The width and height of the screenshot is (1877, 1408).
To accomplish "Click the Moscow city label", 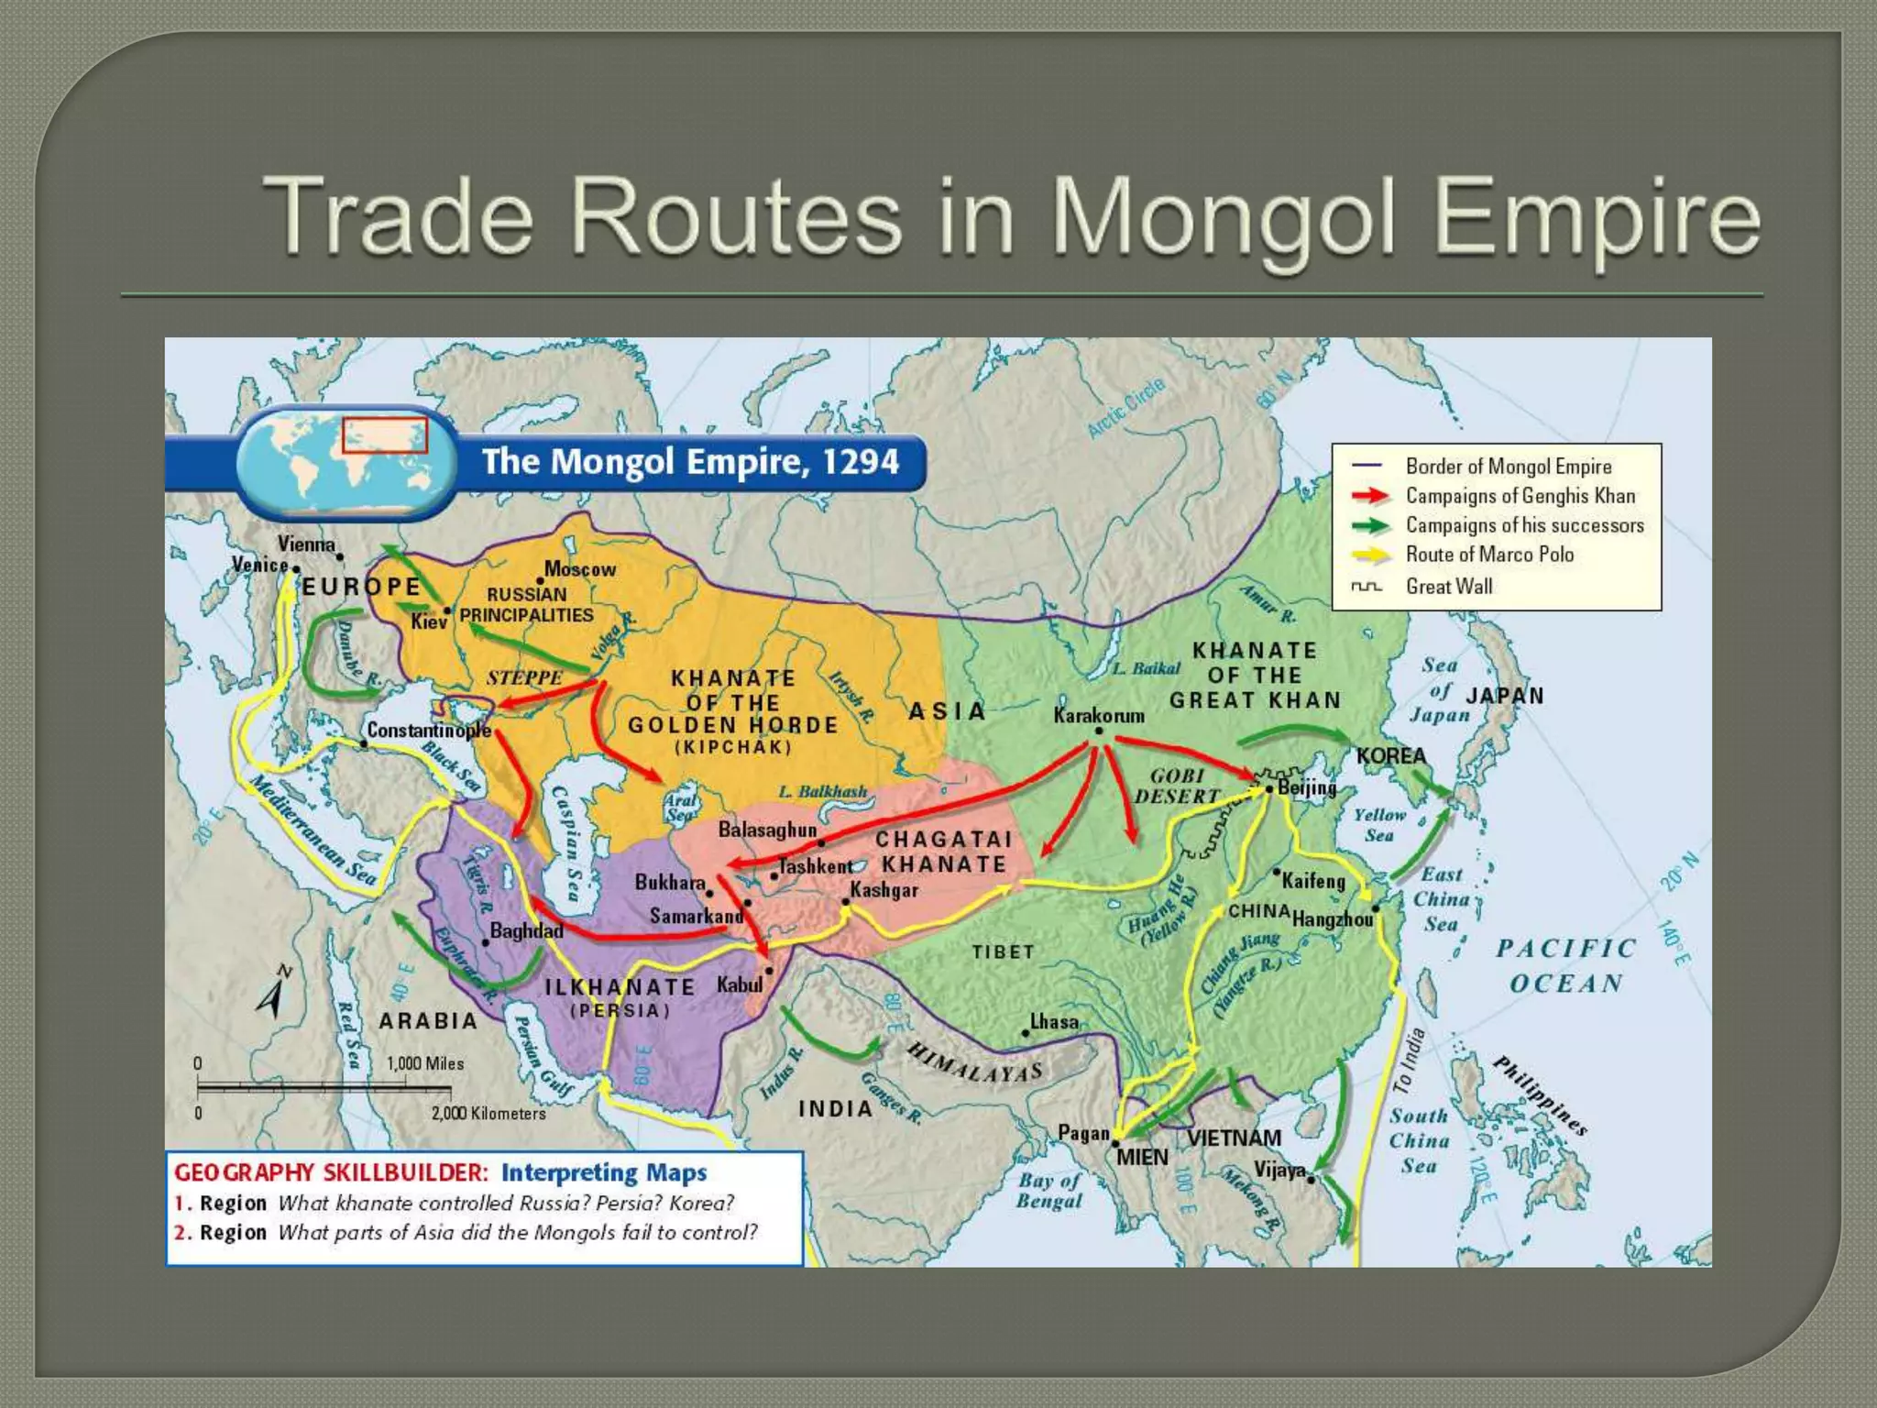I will (580, 569).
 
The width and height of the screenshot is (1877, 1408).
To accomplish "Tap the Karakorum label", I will (1099, 715).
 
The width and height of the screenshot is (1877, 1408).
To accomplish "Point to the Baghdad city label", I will (526, 930).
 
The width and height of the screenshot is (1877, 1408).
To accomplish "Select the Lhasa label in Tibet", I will (1054, 1021).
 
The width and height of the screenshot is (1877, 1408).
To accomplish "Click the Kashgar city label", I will (884, 889).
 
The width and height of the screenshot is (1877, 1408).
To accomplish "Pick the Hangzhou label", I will (1333, 918).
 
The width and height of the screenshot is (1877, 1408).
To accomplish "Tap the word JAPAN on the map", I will (1505, 696).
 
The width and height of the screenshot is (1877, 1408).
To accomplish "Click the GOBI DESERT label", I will (1178, 786).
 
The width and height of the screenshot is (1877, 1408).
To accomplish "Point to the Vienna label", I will (306, 544).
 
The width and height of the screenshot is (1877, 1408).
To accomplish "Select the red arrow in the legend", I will (1370, 496).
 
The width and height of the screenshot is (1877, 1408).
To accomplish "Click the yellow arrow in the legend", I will (1370, 555).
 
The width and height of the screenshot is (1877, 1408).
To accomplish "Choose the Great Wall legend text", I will (1449, 586).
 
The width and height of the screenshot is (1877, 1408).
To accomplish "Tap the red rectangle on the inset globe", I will (385, 435).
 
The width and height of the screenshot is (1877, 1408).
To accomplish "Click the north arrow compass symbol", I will (273, 993).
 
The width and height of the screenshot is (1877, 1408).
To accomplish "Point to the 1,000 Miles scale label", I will (425, 1063).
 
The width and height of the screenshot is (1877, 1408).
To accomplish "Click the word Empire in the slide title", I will (1596, 218).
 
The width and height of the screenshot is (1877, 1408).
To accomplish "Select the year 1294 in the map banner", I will (861, 461).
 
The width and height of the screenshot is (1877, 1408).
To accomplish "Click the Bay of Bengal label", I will (1049, 1190).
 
